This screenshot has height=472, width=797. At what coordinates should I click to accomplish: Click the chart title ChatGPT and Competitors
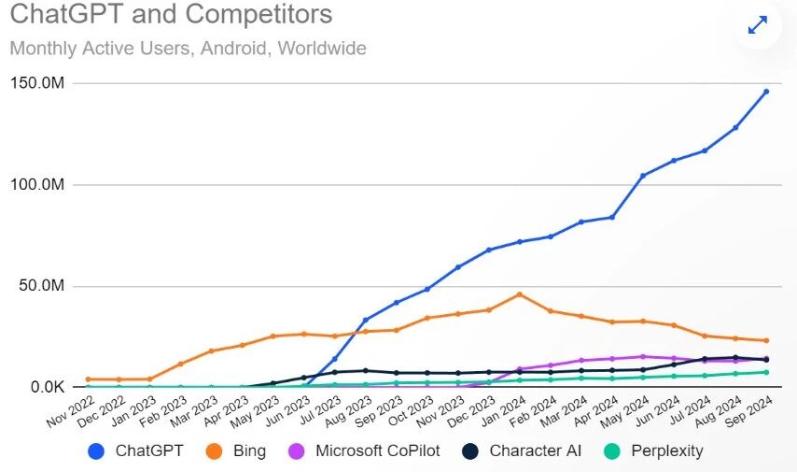[x=171, y=16]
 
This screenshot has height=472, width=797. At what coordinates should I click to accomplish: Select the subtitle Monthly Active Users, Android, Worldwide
[x=188, y=48]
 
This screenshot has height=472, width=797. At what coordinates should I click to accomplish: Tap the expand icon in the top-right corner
[x=758, y=26]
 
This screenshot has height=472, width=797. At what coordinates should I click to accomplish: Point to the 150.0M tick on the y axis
[x=36, y=84]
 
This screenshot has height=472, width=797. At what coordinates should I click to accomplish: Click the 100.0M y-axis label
[x=36, y=185]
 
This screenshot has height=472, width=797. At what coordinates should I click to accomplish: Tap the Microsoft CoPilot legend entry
[x=377, y=451]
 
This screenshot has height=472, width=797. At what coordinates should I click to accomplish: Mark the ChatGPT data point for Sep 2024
[x=766, y=92]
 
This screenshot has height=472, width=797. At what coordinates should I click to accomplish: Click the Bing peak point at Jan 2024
[x=520, y=294]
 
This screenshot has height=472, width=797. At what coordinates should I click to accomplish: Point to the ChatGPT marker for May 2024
[x=643, y=176]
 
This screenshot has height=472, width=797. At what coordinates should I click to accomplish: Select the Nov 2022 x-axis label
[x=70, y=409]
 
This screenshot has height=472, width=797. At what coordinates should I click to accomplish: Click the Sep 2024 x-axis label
[x=748, y=409]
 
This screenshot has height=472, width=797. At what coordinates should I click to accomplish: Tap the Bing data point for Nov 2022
[x=88, y=379]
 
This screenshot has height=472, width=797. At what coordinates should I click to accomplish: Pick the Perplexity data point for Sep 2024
[x=766, y=372]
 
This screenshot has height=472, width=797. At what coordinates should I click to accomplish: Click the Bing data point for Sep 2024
[x=766, y=340]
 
